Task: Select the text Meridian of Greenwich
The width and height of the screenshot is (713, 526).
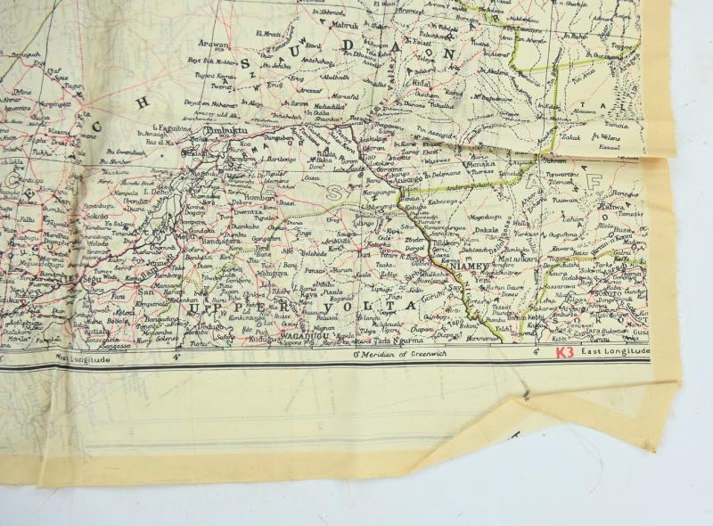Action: pos(397,356)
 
